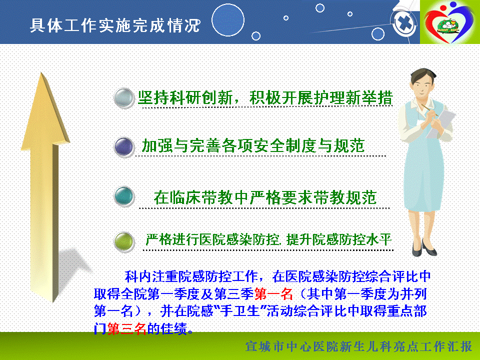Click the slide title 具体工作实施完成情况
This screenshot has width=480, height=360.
[115, 25]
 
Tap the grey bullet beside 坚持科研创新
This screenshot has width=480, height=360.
[124, 98]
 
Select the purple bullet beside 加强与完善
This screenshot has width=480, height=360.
[124, 146]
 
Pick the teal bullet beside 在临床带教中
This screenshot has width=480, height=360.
[124, 196]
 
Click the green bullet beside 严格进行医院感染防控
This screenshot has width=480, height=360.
[124, 241]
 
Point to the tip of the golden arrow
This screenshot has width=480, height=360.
[41, 73]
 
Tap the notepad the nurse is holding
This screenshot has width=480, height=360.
[441, 123]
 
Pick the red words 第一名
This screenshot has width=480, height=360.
[273, 294]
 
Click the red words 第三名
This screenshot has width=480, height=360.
[127, 328]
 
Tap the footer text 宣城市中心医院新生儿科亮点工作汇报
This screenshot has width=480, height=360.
[358, 347]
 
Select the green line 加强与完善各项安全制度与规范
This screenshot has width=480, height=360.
[253, 145]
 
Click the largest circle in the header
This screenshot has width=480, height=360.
[228, 20]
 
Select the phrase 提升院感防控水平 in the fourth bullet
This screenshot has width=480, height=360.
[339, 239]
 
